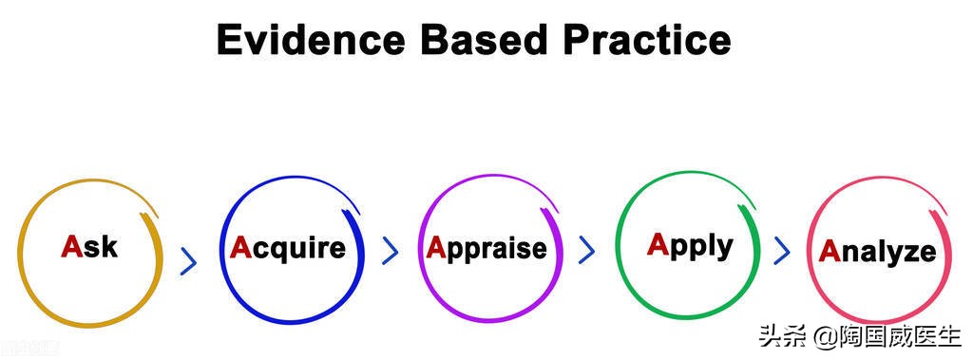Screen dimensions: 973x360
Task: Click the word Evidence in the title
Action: click(x=311, y=40)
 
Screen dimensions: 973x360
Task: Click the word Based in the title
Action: click(x=484, y=40)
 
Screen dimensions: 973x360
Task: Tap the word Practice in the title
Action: click(x=646, y=40)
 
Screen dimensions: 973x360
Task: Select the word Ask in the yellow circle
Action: click(x=88, y=246)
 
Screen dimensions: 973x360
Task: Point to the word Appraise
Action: click(x=486, y=250)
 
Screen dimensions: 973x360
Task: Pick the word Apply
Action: click(x=690, y=246)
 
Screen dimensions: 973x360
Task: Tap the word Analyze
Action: click(x=877, y=252)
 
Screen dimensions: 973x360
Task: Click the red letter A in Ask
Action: click(x=71, y=246)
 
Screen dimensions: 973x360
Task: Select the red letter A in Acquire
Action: click(x=240, y=248)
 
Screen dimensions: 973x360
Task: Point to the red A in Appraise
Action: click(x=437, y=248)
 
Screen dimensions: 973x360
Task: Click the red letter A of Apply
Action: click(x=658, y=244)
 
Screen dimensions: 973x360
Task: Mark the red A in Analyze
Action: click(x=830, y=251)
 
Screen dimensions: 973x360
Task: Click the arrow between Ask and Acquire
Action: click(x=189, y=261)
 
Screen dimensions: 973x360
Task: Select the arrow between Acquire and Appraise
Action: click(x=390, y=251)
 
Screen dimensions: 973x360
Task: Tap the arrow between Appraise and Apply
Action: click(x=586, y=250)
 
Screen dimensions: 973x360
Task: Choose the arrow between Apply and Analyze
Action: click(x=782, y=250)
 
